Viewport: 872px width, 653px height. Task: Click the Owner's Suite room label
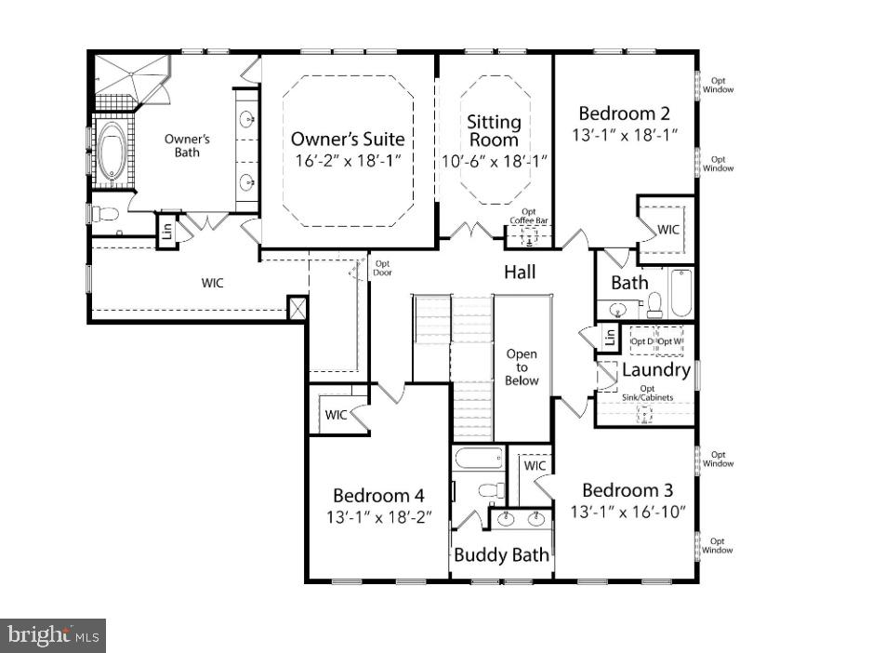[347, 140]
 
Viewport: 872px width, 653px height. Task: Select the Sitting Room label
[494, 131]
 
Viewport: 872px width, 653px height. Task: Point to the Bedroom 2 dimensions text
[624, 136]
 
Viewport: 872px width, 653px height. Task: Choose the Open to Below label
[522, 367]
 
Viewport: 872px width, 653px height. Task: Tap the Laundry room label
[655, 370]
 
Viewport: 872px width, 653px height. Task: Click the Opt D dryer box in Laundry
[642, 341]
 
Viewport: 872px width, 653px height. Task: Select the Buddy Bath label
[501, 555]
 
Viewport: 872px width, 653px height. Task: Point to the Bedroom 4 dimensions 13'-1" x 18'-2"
[378, 516]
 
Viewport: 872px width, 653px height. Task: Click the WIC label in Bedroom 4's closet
[336, 415]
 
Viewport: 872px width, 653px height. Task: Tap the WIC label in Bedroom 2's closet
[668, 229]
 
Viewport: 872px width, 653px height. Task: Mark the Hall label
[520, 273]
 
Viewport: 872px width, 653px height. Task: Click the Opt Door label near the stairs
[382, 269]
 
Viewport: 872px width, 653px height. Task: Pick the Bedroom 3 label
[628, 490]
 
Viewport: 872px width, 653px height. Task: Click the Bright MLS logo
[53, 635]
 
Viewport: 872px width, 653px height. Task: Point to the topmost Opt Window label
[718, 86]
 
